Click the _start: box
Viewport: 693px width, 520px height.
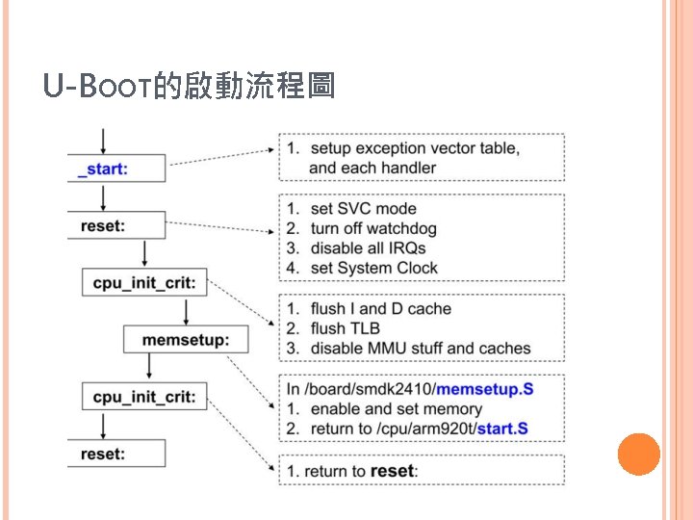pyautogui.click(x=103, y=169)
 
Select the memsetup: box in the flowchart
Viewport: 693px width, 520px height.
pyautogui.click(x=185, y=339)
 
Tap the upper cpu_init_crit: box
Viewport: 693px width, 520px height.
pyautogui.click(x=145, y=283)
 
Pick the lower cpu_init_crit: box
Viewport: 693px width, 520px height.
pyautogui.click(x=145, y=396)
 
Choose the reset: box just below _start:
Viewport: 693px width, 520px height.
pyautogui.click(x=103, y=226)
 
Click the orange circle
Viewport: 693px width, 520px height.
pyautogui.click(x=637, y=454)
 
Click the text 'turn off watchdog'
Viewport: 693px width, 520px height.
pyautogui.click(x=373, y=228)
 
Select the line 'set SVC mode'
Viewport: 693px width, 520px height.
pyautogui.click(x=363, y=208)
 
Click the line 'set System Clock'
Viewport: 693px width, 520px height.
pyautogui.click(x=373, y=268)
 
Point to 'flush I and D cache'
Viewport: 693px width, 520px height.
pyautogui.click(x=380, y=309)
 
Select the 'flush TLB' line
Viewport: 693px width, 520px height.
pyautogui.click(x=345, y=328)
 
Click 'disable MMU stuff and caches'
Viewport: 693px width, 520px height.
pyautogui.click(x=421, y=348)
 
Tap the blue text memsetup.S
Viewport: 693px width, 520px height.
pyautogui.click(x=485, y=388)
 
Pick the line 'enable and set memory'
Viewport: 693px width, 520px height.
pyautogui.click(x=396, y=408)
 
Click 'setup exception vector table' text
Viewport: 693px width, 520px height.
pyautogui.click(x=414, y=148)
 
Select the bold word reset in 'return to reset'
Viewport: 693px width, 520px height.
pyautogui.click(x=392, y=471)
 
